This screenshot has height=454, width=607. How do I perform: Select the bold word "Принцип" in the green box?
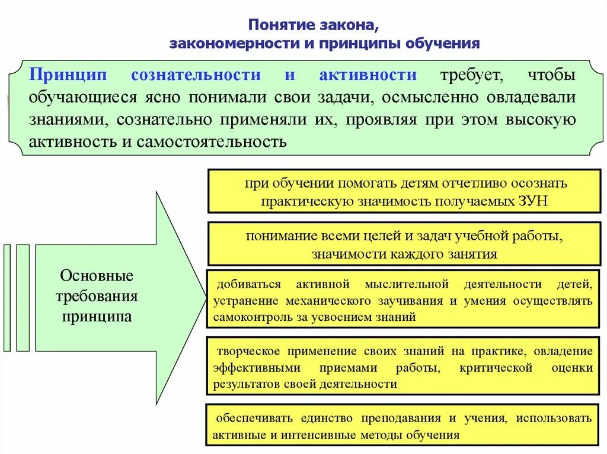[70, 75]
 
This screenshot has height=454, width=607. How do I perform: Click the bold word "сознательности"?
[196, 75]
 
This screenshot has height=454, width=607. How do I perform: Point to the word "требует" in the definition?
[472, 75]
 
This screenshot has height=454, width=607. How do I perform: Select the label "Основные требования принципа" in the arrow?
[97, 296]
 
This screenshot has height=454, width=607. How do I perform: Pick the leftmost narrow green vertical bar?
[7, 297]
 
